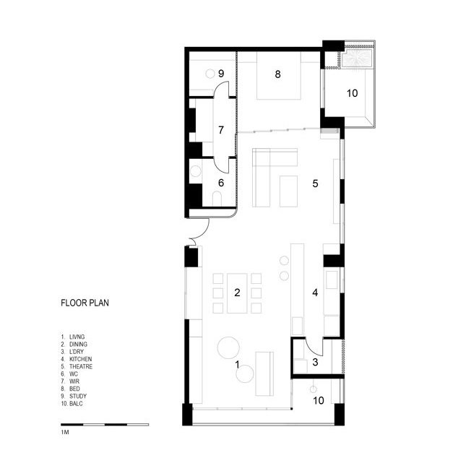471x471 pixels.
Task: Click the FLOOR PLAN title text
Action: (85, 303)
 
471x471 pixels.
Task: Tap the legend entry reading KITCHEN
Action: (80, 359)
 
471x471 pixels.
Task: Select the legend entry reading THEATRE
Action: (81, 366)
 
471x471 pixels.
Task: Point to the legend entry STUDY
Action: (78, 396)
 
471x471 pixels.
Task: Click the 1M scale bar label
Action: (65, 432)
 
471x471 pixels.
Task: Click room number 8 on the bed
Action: (278, 74)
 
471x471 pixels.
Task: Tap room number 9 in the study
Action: (221, 74)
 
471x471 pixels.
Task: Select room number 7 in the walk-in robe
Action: (221, 130)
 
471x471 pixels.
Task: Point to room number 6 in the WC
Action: (221, 183)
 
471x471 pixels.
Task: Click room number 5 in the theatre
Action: (315, 183)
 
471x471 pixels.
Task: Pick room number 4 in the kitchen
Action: (315, 293)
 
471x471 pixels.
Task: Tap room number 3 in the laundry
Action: (315, 362)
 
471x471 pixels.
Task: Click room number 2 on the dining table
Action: (237, 293)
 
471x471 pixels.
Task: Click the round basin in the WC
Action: (196, 171)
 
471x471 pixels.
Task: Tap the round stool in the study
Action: (209, 73)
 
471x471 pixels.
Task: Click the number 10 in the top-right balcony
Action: (353, 93)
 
